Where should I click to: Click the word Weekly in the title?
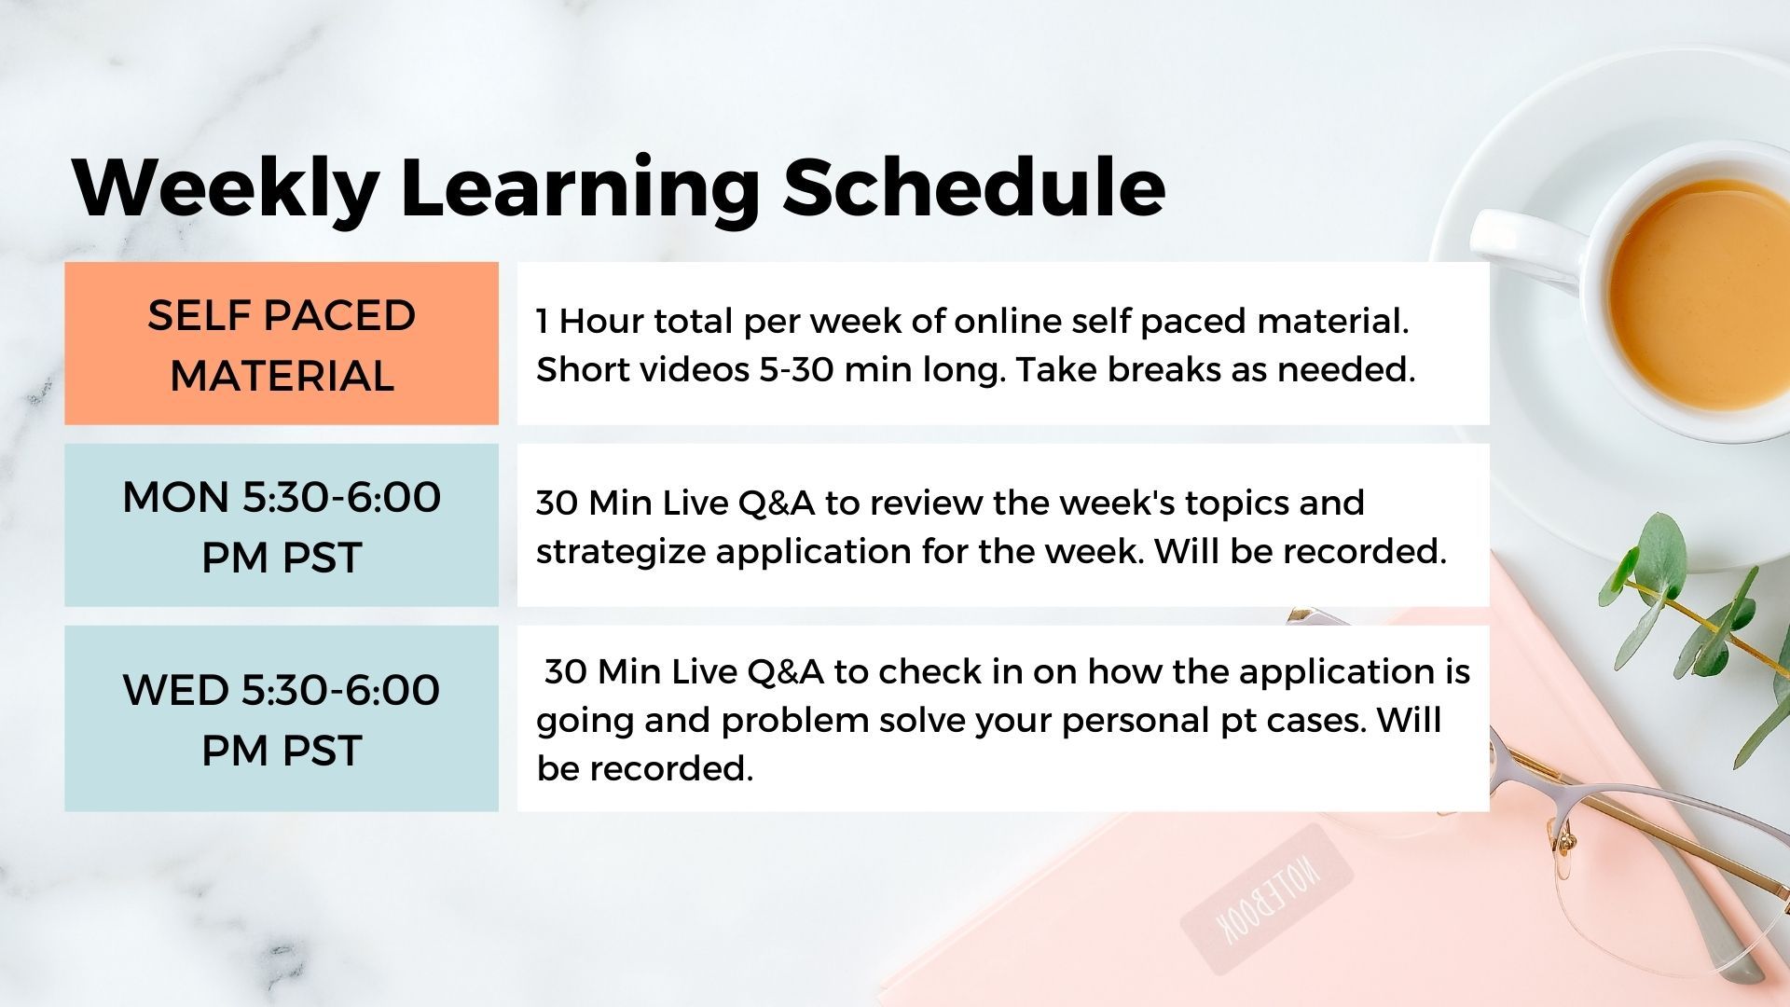tap(227, 189)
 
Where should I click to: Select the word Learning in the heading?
tap(581, 189)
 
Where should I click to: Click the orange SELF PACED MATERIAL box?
tap(282, 343)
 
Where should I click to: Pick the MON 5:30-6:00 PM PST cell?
tap(282, 525)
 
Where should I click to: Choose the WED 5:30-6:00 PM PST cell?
tap(282, 718)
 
